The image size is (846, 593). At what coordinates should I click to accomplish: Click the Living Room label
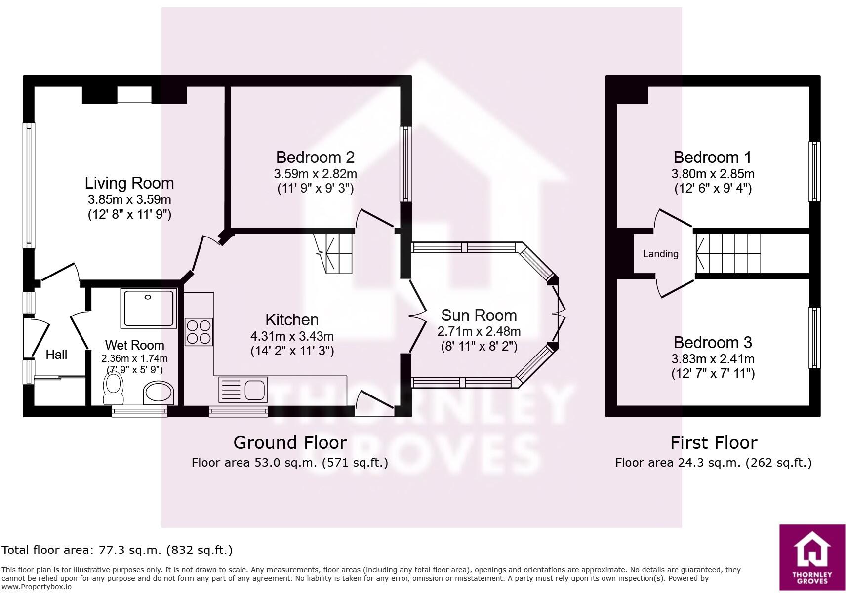(129, 183)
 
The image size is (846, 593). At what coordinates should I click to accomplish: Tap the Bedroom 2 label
(315, 158)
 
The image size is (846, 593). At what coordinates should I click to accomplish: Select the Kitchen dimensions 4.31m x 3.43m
(292, 337)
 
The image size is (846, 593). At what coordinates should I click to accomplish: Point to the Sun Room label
(479, 316)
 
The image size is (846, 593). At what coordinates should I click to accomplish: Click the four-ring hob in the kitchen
(199, 332)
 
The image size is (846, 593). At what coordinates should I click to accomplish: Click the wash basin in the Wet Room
(159, 393)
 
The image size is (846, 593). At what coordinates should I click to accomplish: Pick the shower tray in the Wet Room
(149, 309)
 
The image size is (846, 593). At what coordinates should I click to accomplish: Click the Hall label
(56, 355)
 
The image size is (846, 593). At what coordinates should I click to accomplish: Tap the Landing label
(660, 254)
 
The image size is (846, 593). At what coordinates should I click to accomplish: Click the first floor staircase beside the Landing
(728, 253)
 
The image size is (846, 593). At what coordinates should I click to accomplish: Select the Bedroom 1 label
(712, 158)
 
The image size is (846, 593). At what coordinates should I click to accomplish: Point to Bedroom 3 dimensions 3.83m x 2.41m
(713, 359)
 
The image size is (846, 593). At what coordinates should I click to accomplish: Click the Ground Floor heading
(290, 443)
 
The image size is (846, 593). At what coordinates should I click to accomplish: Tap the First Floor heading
(713, 443)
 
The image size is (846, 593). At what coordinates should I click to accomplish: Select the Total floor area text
(117, 550)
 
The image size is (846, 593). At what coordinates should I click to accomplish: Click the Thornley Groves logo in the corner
(812, 557)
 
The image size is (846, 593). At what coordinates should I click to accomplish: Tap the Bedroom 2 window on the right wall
(405, 164)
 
